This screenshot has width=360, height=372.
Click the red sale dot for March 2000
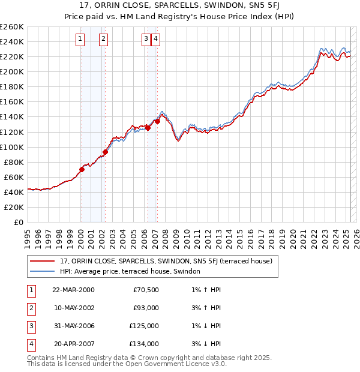tap(82, 169)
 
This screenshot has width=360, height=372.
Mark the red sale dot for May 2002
tap(104, 152)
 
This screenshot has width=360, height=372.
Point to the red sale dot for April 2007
tap(157, 121)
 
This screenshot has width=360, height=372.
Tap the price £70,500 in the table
tap(146, 290)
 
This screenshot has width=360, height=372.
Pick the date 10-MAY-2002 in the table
tap(73, 308)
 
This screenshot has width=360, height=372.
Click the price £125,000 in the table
tap(145, 326)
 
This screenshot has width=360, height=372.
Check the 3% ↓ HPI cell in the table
tap(206, 344)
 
